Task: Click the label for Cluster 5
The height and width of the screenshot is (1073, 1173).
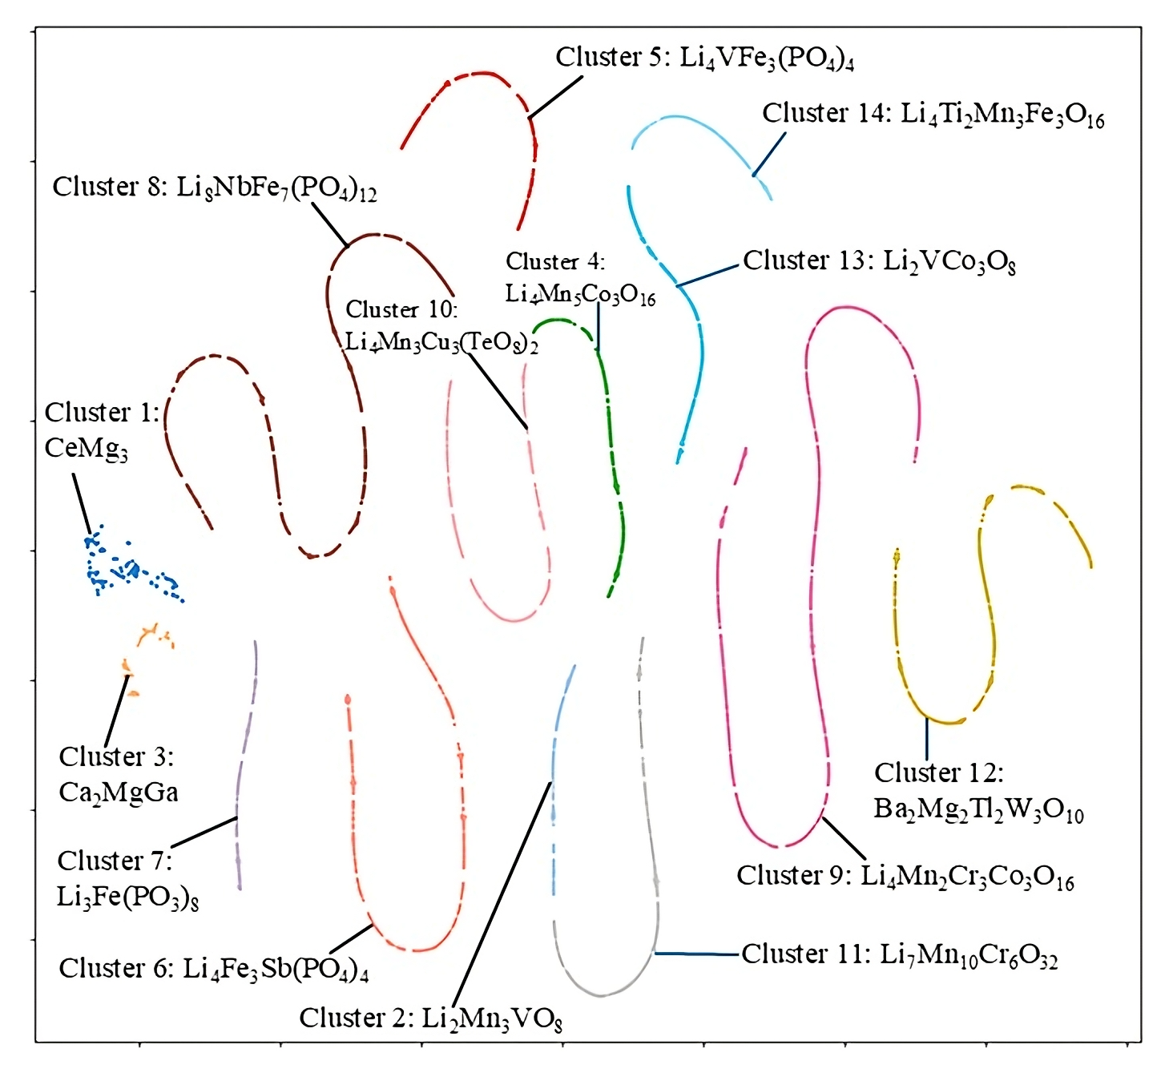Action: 704,58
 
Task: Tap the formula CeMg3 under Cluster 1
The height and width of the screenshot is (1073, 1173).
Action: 86,448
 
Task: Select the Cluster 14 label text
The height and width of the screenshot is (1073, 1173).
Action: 933,115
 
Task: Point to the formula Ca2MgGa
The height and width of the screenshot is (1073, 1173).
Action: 119,793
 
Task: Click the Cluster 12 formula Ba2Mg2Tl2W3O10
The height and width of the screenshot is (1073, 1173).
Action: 978,809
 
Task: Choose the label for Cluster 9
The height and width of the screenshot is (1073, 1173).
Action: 905,877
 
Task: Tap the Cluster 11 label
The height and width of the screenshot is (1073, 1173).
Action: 899,955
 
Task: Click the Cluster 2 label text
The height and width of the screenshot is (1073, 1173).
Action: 430,1019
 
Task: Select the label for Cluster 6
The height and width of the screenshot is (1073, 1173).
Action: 213,969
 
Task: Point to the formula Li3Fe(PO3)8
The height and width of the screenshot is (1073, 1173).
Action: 127,897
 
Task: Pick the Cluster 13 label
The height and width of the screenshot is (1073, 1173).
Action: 879,262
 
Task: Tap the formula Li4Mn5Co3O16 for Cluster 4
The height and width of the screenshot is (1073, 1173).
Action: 580,295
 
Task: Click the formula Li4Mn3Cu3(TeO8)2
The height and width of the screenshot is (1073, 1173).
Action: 441,343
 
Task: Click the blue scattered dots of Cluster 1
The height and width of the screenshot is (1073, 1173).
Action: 128,570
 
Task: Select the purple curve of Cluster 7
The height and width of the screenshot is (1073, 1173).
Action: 246,745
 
